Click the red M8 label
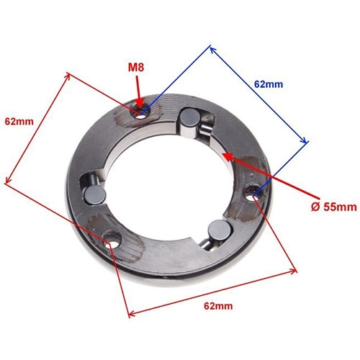136,68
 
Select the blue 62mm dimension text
269,84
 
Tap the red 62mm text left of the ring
19,122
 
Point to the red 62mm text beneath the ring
218,306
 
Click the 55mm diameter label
333,207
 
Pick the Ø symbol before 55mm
316,207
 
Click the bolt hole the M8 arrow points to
142,113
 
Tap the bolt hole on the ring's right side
253,192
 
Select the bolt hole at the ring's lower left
112,239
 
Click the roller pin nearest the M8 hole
190,119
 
